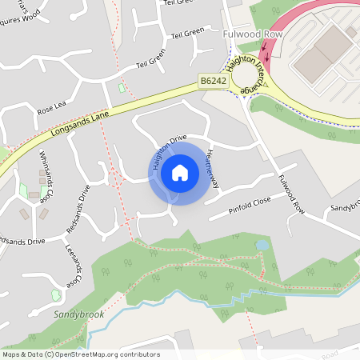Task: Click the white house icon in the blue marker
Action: [180, 172]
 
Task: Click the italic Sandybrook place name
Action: [79, 315]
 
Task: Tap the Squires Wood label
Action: [19, 17]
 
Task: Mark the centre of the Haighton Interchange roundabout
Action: [248, 79]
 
